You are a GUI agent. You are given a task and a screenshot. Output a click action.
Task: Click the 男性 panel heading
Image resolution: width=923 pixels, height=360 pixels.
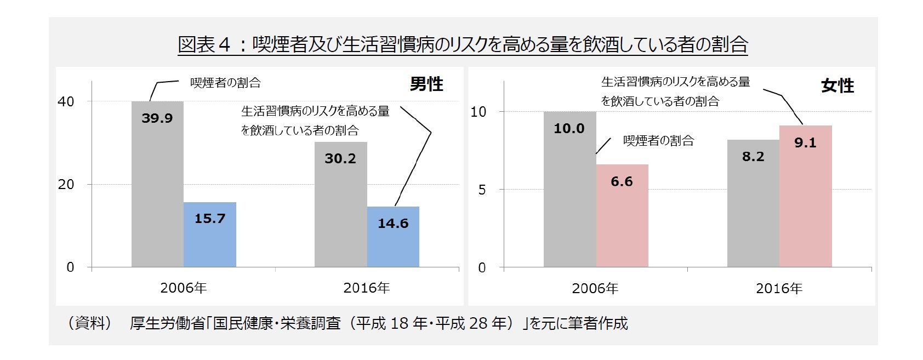click(x=426, y=84)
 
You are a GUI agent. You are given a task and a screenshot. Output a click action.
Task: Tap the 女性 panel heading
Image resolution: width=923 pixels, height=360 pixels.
click(x=837, y=85)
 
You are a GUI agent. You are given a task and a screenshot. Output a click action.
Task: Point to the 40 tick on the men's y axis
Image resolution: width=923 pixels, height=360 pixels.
click(x=66, y=102)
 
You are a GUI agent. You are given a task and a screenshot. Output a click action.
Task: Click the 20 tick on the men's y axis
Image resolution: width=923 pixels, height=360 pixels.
click(x=66, y=185)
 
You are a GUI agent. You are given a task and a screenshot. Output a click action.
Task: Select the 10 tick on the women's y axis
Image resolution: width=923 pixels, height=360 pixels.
click(x=478, y=112)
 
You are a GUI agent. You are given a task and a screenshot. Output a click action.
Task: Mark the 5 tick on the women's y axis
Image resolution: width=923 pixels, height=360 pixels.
click(x=482, y=190)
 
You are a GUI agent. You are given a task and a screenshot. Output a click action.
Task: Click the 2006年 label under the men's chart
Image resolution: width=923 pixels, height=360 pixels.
click(x=183, y=288)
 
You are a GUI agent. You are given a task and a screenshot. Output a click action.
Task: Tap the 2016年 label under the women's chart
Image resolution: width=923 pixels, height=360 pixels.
click(x=779, y=289)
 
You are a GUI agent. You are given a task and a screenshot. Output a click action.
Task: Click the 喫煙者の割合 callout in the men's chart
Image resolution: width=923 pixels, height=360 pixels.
click(x=225, y=83)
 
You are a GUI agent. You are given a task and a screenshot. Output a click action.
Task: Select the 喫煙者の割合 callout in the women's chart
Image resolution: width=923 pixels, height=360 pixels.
click(x=658, y=141)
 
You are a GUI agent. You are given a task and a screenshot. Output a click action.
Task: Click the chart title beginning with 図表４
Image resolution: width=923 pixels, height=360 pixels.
click(x=463, y=44)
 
